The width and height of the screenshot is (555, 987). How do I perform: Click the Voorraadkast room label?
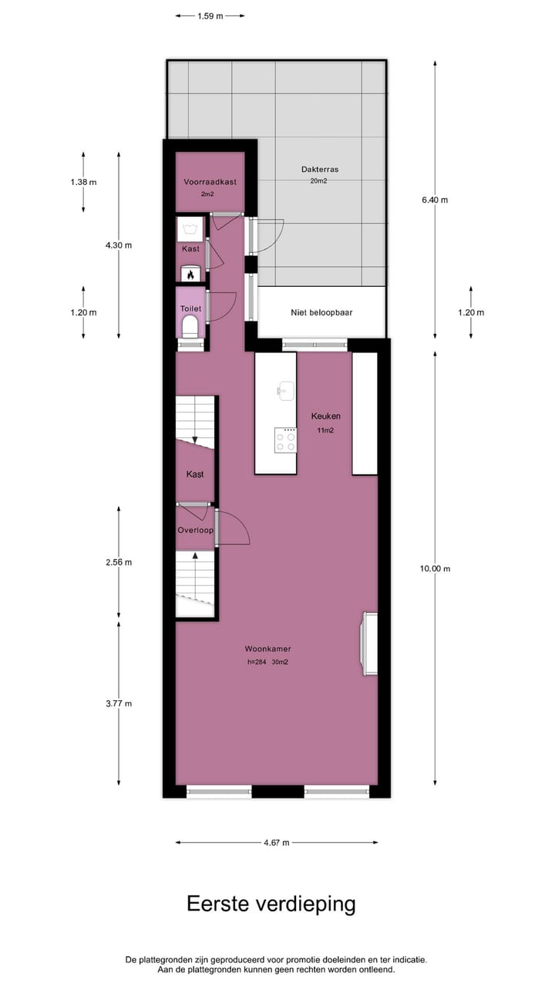pos(210,182)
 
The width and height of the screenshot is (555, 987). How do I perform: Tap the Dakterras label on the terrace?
pos(320,170)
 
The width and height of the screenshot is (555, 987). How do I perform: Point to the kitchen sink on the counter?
pos(286,390)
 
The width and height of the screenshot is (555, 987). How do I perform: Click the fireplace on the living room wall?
pos(369,643)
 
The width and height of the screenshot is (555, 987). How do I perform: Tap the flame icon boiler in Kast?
pos(190,274)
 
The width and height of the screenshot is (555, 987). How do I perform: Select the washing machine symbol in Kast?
pos(190,227)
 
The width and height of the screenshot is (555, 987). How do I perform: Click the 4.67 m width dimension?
pos(276,843)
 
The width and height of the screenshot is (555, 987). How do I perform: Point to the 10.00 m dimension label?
pos(435,568)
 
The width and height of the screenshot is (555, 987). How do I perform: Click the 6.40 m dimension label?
pos(435,200)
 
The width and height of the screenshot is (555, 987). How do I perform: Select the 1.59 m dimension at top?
pos(210,15)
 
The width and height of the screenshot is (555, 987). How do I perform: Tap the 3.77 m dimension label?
pos(119,703)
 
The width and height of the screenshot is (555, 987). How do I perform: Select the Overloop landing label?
pos(195,531)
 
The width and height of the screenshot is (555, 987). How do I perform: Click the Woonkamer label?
pos(267,648)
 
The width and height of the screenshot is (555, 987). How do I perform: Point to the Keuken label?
pos(325,416)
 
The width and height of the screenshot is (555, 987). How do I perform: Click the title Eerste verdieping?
pos(271,904)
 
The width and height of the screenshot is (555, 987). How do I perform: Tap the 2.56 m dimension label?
pos(119,562)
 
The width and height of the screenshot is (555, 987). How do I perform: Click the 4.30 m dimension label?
pos(119,245)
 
